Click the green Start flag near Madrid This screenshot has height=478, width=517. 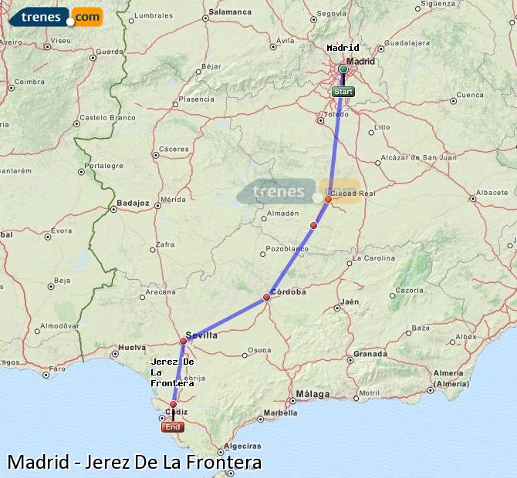click(343, 92)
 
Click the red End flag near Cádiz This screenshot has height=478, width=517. click(173, 426)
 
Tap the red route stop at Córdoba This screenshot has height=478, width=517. click(266, 297)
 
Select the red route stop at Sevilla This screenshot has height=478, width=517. click(183, 341)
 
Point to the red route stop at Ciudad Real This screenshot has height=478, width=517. click(328, 199)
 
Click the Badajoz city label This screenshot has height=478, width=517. click(132, 204)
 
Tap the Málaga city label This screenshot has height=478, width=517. click(313, 394)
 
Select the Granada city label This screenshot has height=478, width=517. click(370, 355)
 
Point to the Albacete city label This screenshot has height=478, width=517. click(492, 192)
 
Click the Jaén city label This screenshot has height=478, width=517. click(350, 301)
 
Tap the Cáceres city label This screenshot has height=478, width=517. click(173, 149)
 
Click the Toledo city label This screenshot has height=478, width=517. click(336, 114)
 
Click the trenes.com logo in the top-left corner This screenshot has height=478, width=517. click(55, 16)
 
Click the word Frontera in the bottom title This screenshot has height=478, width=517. click(224, 463)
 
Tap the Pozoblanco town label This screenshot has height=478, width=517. click(286, 250)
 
